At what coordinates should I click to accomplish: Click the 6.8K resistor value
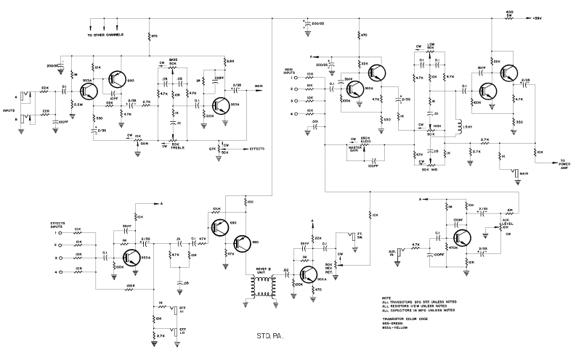point(230,61)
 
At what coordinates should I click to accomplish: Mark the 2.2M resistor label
point(78,106)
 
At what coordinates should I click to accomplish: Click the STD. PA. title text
point(269,337)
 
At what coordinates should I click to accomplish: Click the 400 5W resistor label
point(510,13)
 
